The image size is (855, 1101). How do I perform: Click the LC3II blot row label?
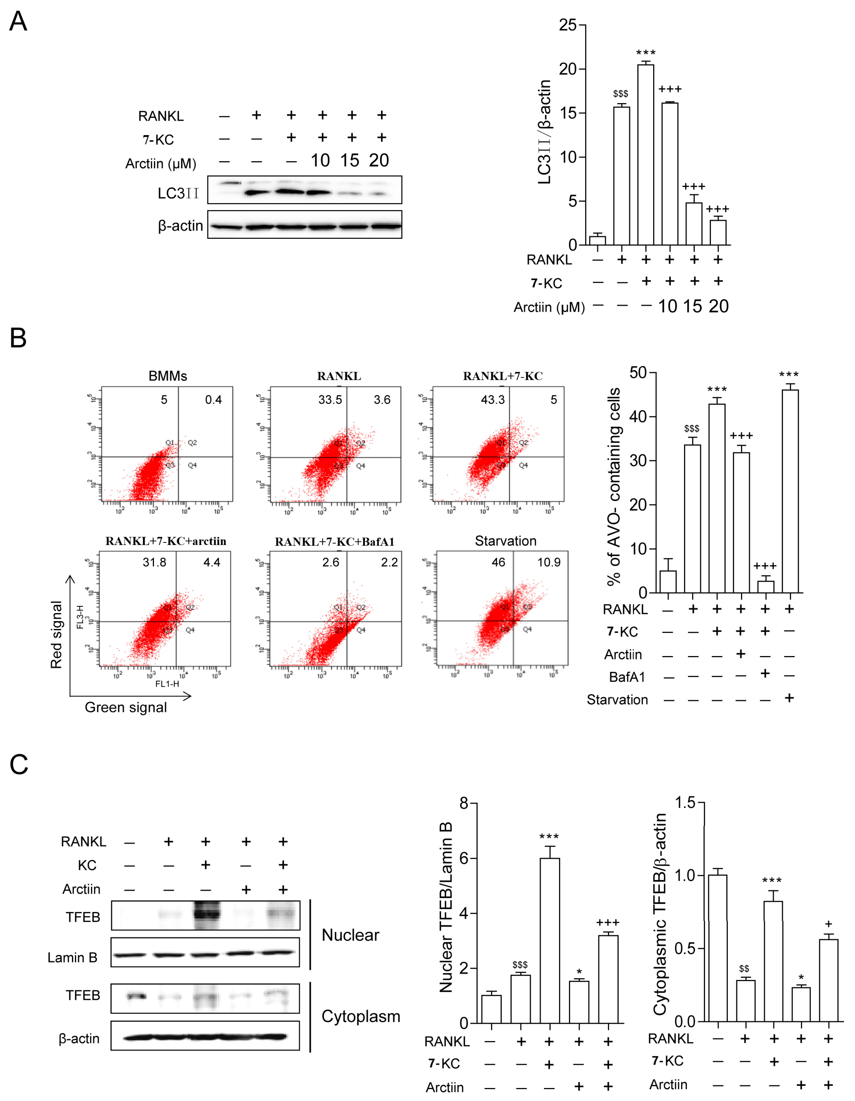(178, 194)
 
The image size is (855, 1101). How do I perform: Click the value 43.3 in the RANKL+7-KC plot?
(492, 400)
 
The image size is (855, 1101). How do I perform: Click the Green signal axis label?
(126, 707)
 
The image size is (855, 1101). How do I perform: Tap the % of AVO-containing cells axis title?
(613, 486)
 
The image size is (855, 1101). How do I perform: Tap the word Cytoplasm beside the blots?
(361, 1016)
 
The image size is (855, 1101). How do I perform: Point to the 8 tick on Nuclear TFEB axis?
(464, 804)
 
